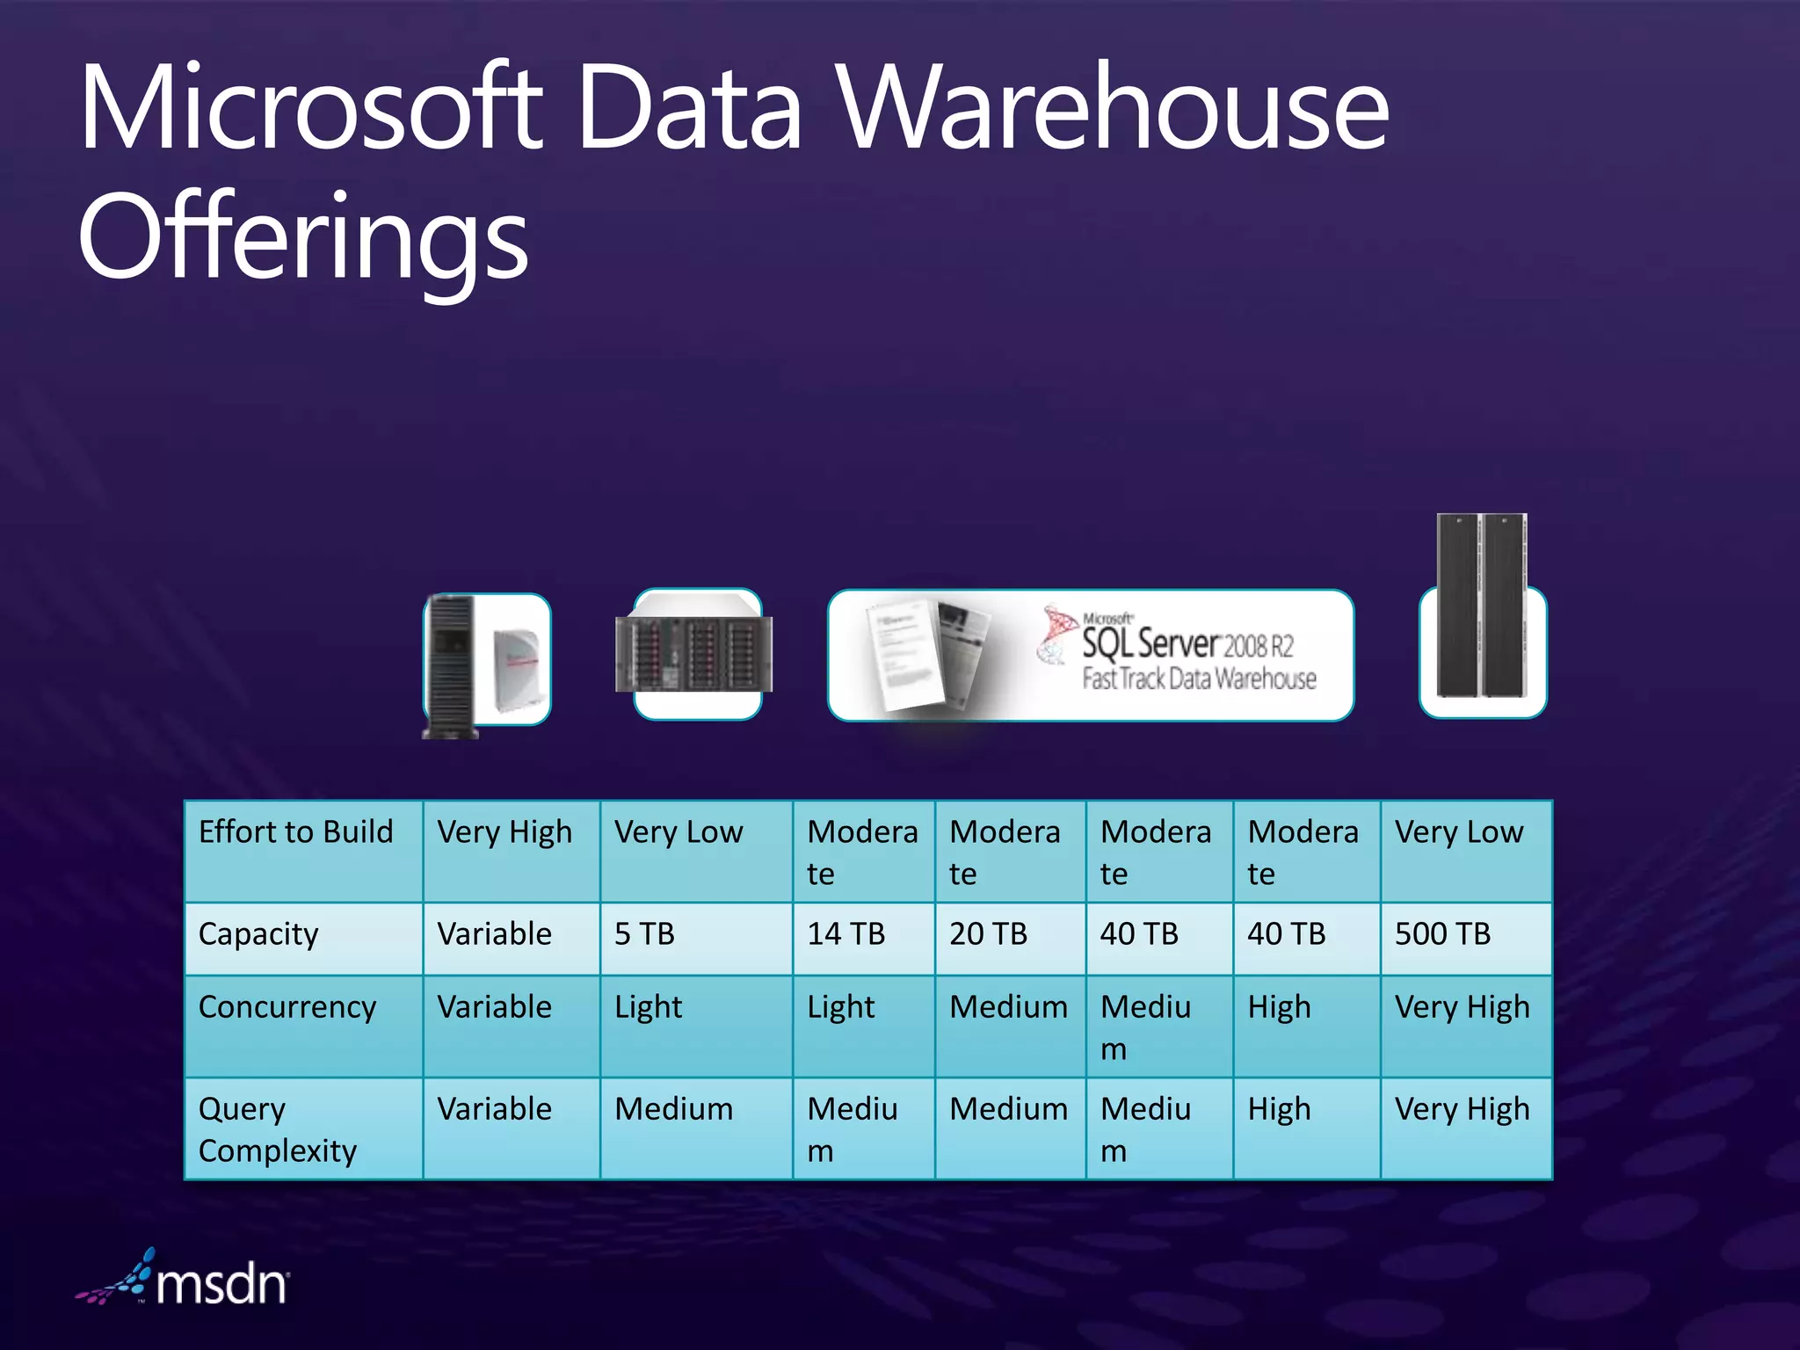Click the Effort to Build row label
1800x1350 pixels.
point(295,832)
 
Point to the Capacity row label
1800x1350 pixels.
point(258,934)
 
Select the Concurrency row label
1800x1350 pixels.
point(287,1007)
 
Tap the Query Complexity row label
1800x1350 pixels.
point(278,1129)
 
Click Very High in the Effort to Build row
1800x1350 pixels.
point(504,832)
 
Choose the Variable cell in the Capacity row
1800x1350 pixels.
point(494,934)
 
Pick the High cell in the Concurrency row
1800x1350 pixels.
point(1279,1007)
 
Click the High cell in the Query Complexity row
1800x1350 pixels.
point(1279,1109)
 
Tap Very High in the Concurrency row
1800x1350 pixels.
point(1462,1007)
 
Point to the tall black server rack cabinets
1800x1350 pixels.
point(1482,606)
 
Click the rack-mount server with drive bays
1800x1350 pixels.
point(694,653)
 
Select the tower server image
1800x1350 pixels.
point(451,665)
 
